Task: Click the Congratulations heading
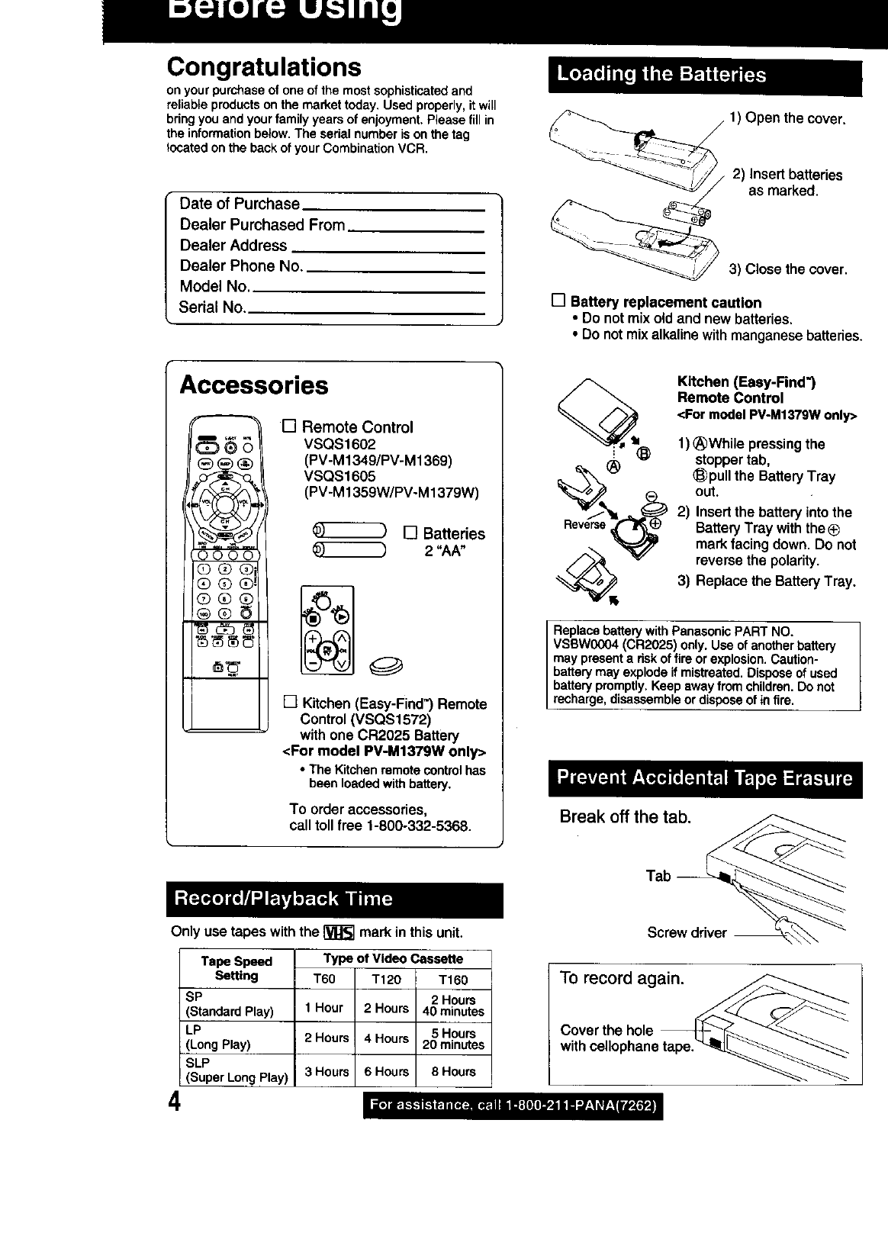(264, 67)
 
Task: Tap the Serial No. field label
(212, 307)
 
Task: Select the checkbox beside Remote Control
(289, 426)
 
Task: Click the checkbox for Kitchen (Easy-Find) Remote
(290, 702)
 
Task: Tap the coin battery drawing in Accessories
(386, 667)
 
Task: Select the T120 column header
(385, 980)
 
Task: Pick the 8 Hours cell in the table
(453, 1071)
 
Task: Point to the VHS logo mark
(339, 932)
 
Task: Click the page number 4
(175, 1104)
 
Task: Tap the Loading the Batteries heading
(661, 75)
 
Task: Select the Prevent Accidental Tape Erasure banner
(704, 778)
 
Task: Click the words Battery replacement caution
(665, 302)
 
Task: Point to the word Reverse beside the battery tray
(584, 524)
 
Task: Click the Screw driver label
(687, 932)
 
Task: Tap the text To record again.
(622, 978)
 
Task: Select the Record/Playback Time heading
(283, 898)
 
